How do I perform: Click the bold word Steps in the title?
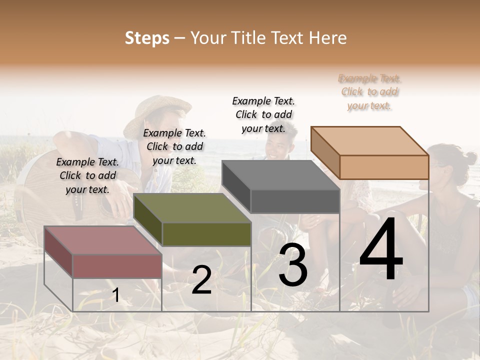tap(147, 38)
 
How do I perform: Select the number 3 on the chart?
tap(292, 265)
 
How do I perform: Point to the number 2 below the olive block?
tap(201, 280)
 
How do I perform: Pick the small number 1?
tap(116, 295)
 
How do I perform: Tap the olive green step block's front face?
tap(206, 234)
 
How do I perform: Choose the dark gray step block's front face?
tap(295, 201)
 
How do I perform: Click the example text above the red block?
tap(87, 175)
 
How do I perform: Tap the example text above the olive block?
tap(174, 146)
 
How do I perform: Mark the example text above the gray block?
tap(263, 114)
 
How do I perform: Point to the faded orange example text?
tap(369, 91)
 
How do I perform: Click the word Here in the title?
tap(328, 38)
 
